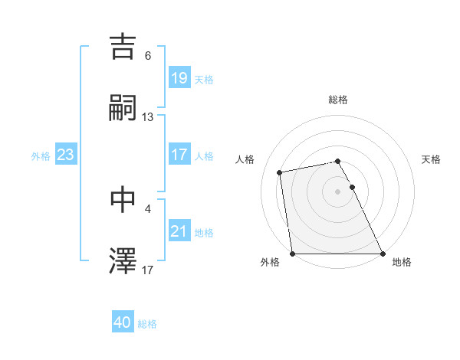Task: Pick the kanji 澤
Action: click(x=123, y=260)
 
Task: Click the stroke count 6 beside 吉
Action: click(x=148, y=56)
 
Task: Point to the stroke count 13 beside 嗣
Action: click(x=148, y=116)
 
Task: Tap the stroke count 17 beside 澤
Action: click(x=148, y=270)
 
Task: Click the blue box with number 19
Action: click(x=179, y=78)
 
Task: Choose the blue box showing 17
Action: click(x=179, y=155)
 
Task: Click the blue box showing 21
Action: click(x=179, y=231)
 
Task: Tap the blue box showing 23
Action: click(x=66, y=155)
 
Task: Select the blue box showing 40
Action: click(x=123, y=323)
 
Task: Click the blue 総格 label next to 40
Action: click(x=147, y=324)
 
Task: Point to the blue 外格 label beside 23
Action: click(x=41, y=155)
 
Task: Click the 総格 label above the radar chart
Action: click(x=338, y=100)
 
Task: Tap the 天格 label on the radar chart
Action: click(x=431, y=159)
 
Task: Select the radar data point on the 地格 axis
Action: click(x=382, y=253)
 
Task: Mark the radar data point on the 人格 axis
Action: click(x=281, y=172)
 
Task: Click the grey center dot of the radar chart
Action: click(x=338, y=191)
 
